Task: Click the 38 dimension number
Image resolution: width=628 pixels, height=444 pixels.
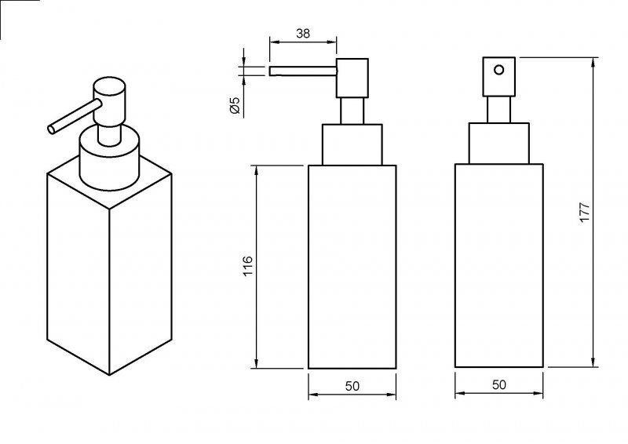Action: [303, 33]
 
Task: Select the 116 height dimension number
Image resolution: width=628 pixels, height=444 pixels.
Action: [248, 266]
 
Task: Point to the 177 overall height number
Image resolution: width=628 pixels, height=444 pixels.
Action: [584, 213]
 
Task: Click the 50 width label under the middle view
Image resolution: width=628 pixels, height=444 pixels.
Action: [352, 386]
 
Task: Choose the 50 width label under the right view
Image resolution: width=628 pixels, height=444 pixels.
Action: [498, 384]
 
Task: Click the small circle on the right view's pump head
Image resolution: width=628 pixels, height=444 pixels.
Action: [498, 70]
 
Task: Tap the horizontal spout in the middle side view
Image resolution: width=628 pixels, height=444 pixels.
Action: [303, 71]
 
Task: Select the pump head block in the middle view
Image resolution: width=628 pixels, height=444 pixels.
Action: [352, 78]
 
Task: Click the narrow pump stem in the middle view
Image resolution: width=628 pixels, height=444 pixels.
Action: [352, 111]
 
